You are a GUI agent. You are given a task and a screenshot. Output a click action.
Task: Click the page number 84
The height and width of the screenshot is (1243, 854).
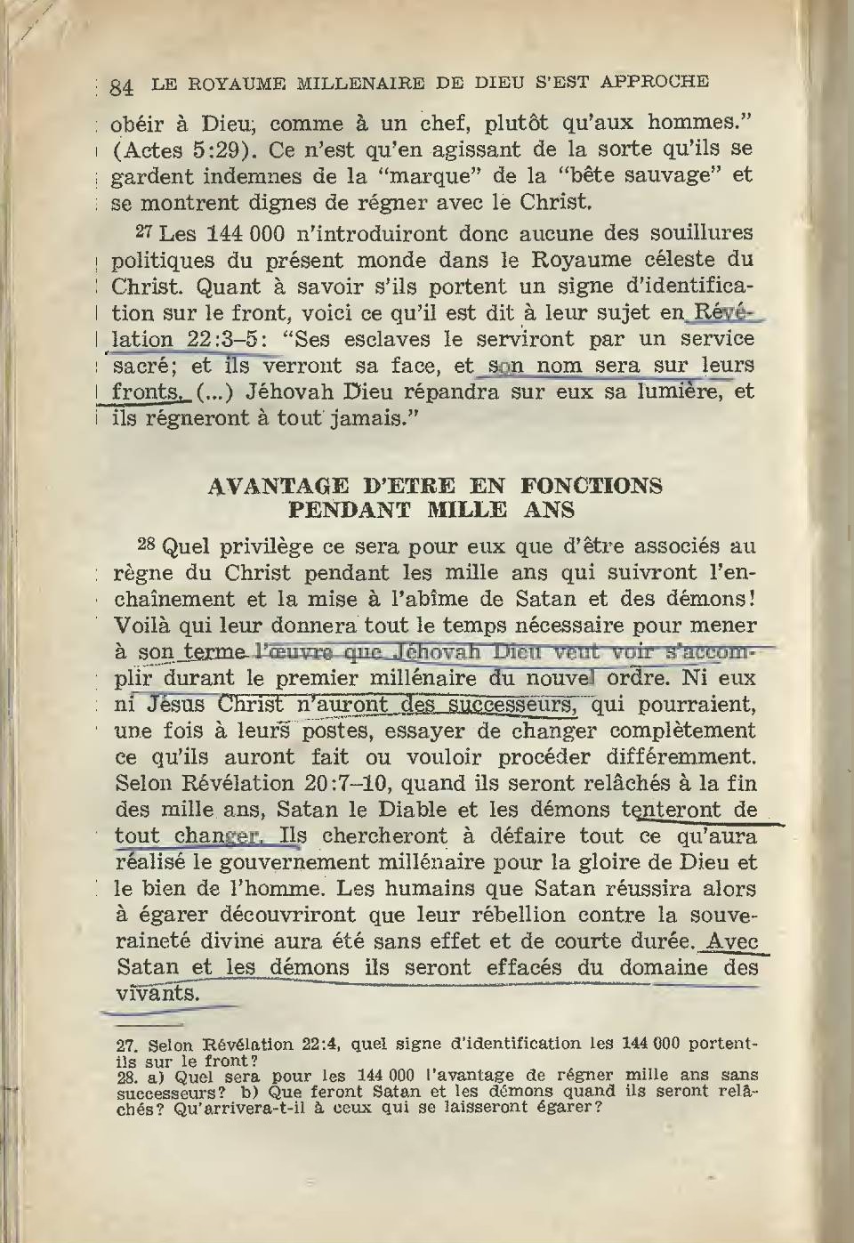click(x=122, y=87)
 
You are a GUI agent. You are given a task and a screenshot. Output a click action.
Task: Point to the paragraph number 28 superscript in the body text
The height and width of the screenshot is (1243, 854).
click(x=148, y=543)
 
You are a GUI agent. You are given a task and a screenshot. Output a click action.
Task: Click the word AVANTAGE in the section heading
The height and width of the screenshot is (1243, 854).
click(x=277, y=486)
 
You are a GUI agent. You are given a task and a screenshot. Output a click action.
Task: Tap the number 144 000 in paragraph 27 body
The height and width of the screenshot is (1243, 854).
click(x=244, y=234)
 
